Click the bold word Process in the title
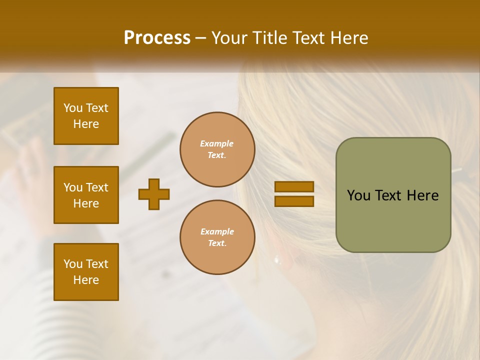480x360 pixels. pos(157,38)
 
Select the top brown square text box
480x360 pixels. pos(86,116)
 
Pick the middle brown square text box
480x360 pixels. pos(86,195)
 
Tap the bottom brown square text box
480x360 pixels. pos(86,272)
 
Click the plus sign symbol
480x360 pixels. pos(154,194)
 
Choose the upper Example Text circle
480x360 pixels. pos(217,149)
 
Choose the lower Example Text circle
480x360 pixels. pos(217,237)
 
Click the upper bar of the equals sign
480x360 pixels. pos(294,186)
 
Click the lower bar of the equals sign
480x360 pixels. pos(294,201)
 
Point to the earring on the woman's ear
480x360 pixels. pos(276,259)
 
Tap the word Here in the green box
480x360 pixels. pos(422,195)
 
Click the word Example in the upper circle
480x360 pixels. pos(217,143)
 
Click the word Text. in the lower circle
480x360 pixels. pos(217,243)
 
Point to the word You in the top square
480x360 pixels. pos(73,108)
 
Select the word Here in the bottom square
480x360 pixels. pos(86,280)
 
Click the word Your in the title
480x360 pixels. pos(230,38)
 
